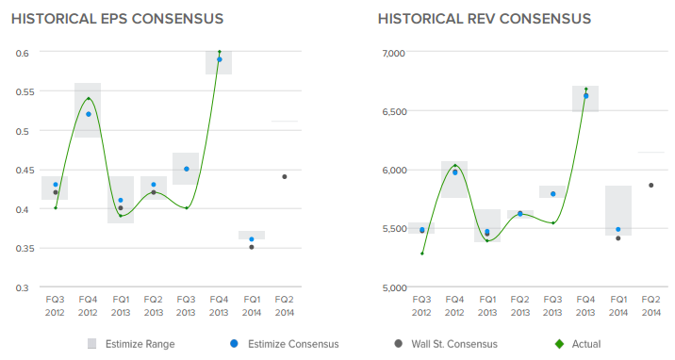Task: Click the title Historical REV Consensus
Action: click(x=484, y=19)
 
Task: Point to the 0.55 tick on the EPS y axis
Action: click(x=21, y=91)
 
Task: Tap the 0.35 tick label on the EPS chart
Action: click(x=21, y=248)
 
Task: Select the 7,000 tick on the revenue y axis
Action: click(x=390, y=53)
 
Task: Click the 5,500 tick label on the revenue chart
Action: click(x=390, y=229)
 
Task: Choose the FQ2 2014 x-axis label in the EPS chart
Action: click(x=284, y=304)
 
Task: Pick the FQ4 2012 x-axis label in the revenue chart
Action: click(x=454, y=304)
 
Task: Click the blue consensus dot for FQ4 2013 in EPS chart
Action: click(x=220, y=59)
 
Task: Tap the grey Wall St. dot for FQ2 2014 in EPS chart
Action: click(x=285, y=176)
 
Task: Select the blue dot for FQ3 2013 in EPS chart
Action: click(x=187, y=169)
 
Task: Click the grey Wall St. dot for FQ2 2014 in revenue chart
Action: click(x=650, y=185)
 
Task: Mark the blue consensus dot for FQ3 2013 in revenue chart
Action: click(x=552, y=194)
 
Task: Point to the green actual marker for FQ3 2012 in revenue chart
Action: click(x=421, y=254)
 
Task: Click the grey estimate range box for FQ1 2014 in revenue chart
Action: click(x=617, y=209)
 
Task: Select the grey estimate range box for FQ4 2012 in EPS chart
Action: click(x=88, y=109)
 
